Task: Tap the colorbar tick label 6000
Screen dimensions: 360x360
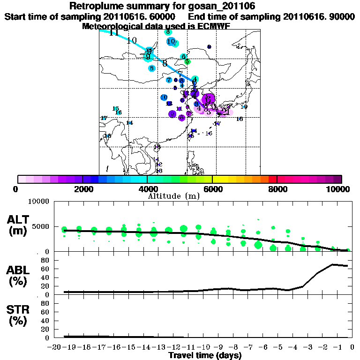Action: [212, 189]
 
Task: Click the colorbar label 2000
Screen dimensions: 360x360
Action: [82, 189]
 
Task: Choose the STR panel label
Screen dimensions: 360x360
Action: [19, 310]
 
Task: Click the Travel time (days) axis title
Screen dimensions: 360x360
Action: [205, 356]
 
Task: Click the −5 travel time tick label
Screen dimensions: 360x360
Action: [280, 347]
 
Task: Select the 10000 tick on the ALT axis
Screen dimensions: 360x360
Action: [39, 202]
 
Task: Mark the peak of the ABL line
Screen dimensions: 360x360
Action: [333, 264]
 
